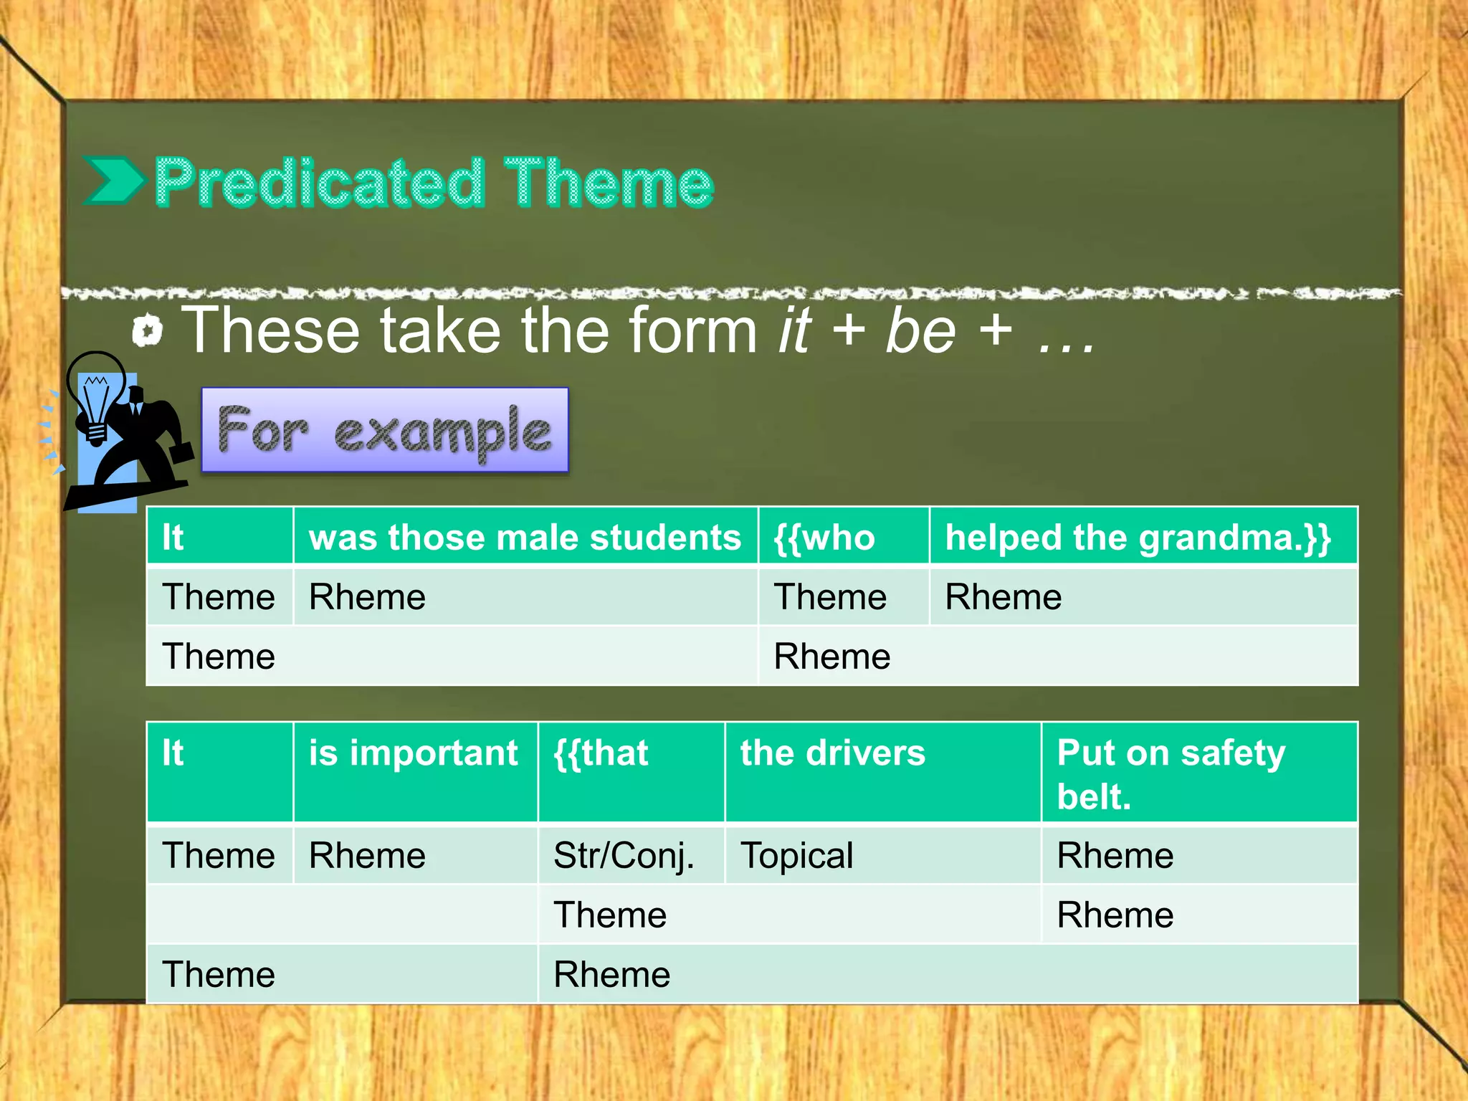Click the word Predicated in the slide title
[x=319, y=183]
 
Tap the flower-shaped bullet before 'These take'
[x=148, y=331]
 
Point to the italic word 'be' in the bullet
[x=920, y=331]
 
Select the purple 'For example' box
[x=385, y=430]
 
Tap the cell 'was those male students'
[x=525, y=537]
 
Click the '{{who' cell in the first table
[x=843, y=537]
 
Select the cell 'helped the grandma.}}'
[x=1143, y=537]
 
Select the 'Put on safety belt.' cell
[x=1198, y=773]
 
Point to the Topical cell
[x=882, y=855]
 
